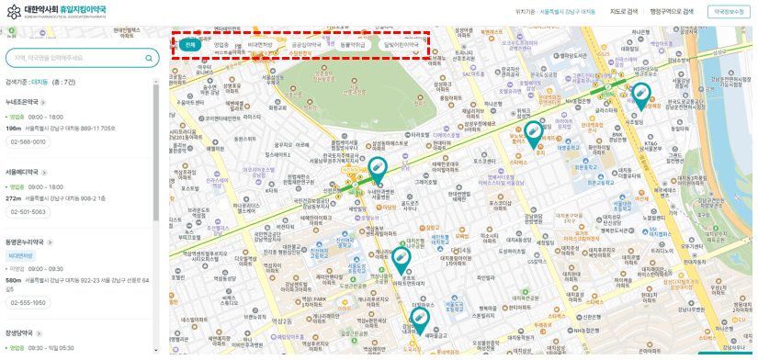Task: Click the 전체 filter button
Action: point(190,45)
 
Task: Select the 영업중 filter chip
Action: point(221,45)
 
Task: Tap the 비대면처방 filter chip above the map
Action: point(260,45)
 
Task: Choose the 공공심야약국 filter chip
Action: point(307,45)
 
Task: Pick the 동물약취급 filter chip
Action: point(353,45)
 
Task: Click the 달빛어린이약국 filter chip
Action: point(402,45)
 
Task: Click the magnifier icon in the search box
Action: point(149,58)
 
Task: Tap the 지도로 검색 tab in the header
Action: point(623,12)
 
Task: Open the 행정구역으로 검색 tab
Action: point(672,12)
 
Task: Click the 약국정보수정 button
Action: point(729,12)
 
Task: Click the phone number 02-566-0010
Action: point(28,142)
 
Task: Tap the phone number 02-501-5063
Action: point(28,212)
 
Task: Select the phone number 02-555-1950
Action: point(28,303)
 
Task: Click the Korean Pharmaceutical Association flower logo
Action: point(13,11)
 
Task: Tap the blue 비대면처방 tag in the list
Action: point(20,256)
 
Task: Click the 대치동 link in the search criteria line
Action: point(40,83)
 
